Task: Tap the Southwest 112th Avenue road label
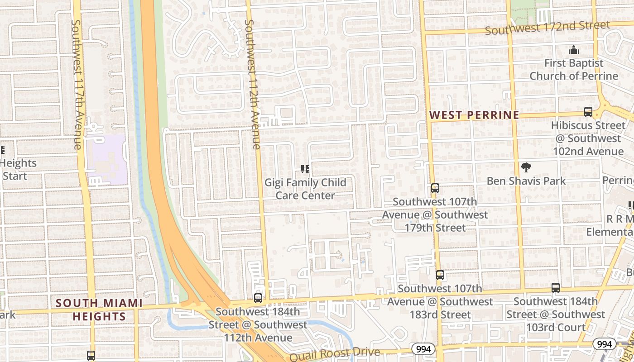[x=252, y=84]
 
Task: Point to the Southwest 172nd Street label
[x=547, y=28]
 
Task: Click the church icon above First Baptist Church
[x=574, y=49]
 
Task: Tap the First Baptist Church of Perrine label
[x=574, y=69]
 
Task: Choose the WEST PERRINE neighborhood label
[x=474, y=115]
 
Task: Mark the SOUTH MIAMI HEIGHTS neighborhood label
[x=99, y=310]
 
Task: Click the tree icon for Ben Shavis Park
[x=526, y=167]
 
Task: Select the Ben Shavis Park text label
[x=526, y=181]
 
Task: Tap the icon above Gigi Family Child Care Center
[x=305, y=169]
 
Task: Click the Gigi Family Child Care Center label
[x=305, y=189]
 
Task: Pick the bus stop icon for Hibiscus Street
[x=588, y=111]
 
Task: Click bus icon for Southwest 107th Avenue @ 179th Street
[x=435, y=188]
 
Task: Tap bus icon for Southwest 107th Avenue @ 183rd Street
[x=440, y=275]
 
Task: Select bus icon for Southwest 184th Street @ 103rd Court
[x=556, y=287]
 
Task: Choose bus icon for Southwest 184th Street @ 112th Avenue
[x=258, y=298]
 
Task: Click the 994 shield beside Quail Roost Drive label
[x=423, y=349]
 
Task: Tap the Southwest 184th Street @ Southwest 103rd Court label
[x=556, y=314]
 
